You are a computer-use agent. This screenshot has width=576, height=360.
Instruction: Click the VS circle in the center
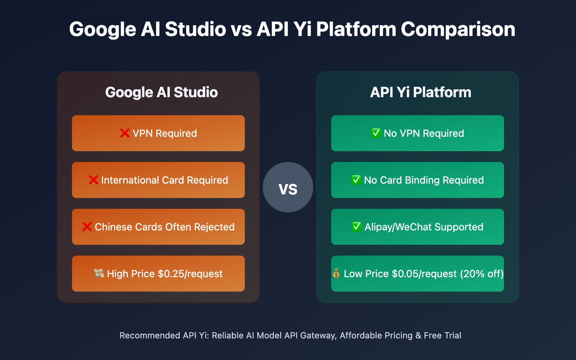click(x=288, y=187)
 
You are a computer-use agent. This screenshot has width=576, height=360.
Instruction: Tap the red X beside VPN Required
click(x=125, y=133)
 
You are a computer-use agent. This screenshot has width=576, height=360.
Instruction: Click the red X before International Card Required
click(x=93, y=180)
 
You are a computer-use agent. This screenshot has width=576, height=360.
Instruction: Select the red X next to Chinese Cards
click(x=87, y=227)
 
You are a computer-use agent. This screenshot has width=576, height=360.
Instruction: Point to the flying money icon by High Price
click(x=99, y=274)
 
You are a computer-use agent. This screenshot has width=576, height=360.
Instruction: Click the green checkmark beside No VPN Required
click(x=376, y=133)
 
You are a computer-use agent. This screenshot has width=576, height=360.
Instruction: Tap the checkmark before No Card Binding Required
click(x=356, y=180)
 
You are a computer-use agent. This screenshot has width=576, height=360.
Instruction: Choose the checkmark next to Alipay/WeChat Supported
click(x=356, y=227)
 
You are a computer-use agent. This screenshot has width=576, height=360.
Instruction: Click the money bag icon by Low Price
click(x=336, y=274)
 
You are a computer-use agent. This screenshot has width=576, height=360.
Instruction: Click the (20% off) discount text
click(x=482, y=274)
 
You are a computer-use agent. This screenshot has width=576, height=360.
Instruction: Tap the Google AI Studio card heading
click(x=161, y=93)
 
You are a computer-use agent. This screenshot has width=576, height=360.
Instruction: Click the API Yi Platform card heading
click(x=420, y=93)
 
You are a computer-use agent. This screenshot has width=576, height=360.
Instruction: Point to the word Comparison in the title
click(x=458, y=29)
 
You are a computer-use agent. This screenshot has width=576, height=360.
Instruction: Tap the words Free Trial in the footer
click(x=442, y=336)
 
